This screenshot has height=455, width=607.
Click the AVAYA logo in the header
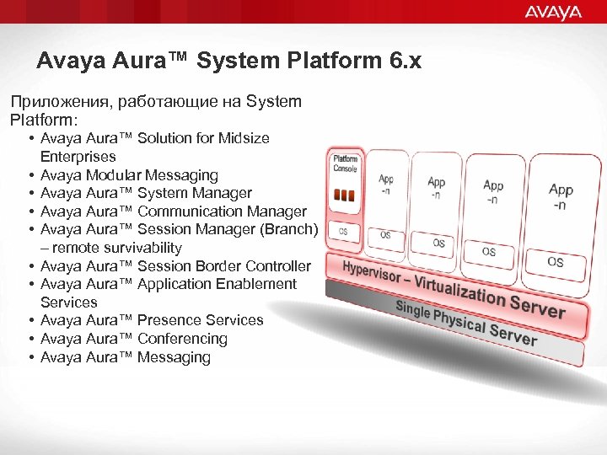[x=553, y=12]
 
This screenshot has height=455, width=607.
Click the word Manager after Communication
[x=279, y=211]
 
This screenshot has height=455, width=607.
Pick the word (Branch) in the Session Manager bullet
[x=290, y=229]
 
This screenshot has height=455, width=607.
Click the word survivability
[x=138, y=248]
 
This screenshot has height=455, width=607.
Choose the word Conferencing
[x=182, y=339]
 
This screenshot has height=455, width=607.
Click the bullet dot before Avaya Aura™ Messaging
[x=30, y=357]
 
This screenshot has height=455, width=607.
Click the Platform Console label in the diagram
[x=345, y=163]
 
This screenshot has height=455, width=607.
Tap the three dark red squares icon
[x=345, y=195]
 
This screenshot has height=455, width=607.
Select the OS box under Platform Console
[x=343, y=231]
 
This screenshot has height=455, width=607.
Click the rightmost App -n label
[x=561, y=196]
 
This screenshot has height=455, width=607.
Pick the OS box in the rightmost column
[x=556, y=262]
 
